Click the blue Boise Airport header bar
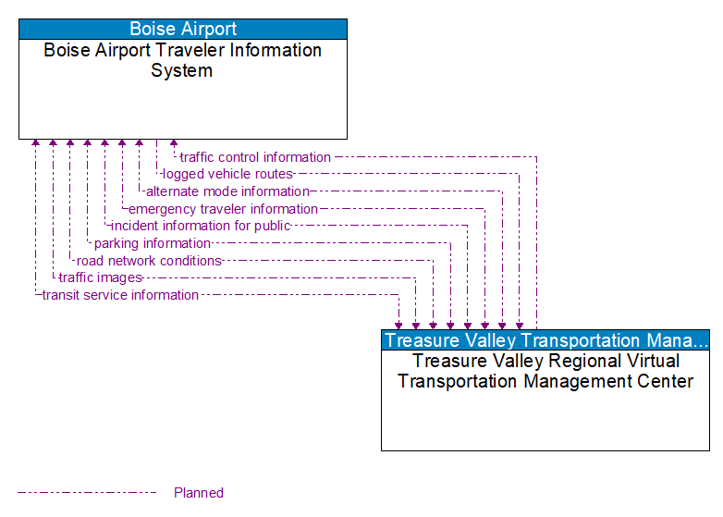click(x=183, y=29)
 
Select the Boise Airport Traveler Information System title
click(x=183, y=60)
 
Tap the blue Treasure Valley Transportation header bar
click(x=545, y=339)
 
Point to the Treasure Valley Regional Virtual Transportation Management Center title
click(x=545, y=371)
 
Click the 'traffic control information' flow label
click(x=255, y=157)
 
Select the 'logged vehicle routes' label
click(x=227, y=174)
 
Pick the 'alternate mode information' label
click(x=227, y=191)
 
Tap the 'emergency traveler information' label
click(x=223, y=209)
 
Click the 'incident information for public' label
click(x=201, y=226)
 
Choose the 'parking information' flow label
click(x=153, y=243)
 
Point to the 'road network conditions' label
click(x=149, y=261)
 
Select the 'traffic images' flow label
click(x=100, y=277)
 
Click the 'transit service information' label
click(x=120, y=295)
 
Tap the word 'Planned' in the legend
click(x=199, y=493)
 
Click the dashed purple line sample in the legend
click(x=87, y=493)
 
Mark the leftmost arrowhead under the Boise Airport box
click(x=35, y=143)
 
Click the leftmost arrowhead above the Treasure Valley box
click(x=398, y=325)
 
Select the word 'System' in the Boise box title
click(x=182, y=71)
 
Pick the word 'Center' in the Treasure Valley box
click(x=662, y=381)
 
